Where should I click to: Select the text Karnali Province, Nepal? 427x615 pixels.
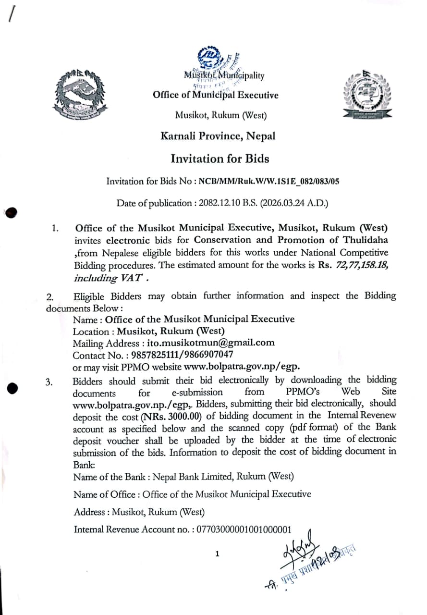[x=218, y=136]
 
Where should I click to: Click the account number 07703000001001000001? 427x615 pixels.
[x=244, y=529]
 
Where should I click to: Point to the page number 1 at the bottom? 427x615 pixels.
[x=217, y=554]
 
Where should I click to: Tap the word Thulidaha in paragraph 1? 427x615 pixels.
[x=365, y=240]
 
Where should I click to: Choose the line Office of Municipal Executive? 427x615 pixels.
[x=215, y=95]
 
